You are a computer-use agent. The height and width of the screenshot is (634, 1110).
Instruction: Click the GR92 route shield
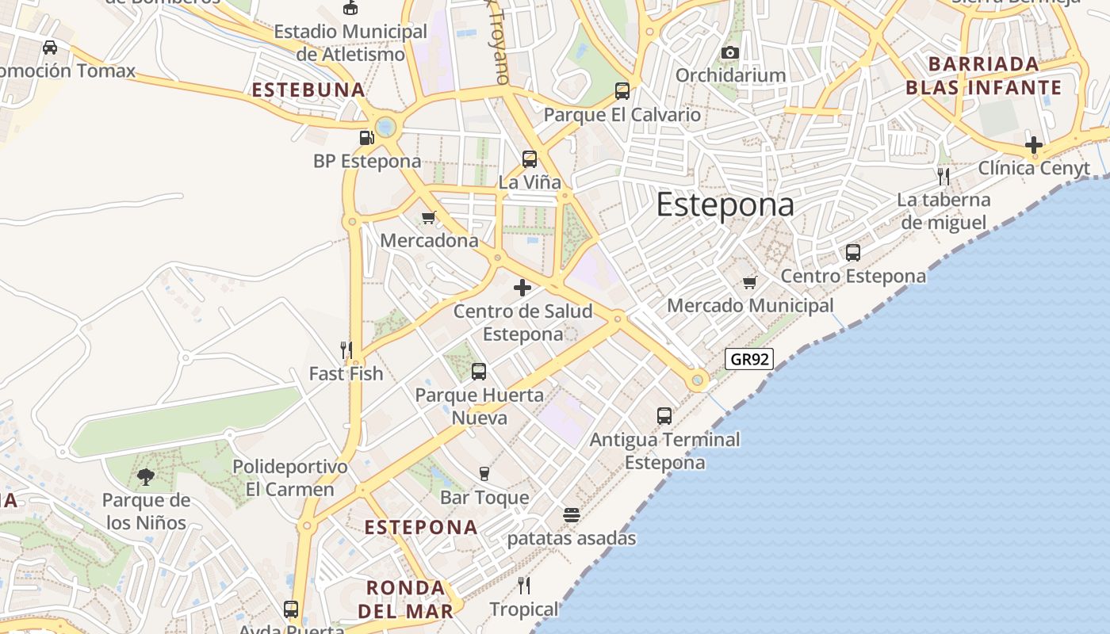click(748, 359)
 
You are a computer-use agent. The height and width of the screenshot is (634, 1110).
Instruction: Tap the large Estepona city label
click(725, 205)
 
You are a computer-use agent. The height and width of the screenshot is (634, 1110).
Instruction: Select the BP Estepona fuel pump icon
click(366, 138)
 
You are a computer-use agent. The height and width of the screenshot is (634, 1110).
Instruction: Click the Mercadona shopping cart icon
click(429, 217)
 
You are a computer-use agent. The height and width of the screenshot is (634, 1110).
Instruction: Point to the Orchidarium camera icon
click(730, 53)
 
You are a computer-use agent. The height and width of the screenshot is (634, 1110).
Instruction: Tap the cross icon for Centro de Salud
click(522, 288)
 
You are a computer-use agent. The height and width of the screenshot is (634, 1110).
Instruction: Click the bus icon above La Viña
click(530, 159)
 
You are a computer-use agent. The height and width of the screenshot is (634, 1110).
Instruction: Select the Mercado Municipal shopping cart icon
click(750, 282)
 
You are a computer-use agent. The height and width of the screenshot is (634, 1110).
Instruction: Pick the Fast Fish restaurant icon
click(346, 349)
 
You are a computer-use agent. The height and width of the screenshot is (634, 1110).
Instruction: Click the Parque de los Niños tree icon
click(146, 476)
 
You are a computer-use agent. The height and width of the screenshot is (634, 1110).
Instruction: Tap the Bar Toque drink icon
click(484, 474)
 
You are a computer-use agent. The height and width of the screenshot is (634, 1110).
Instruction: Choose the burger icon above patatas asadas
click(572, 515)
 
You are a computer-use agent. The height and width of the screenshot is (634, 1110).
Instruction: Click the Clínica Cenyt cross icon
click(1033, 145)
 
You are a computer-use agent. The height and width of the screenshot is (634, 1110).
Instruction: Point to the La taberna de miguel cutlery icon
click(943, 176)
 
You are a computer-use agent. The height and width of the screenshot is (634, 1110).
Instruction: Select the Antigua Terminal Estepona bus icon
click(664, 415)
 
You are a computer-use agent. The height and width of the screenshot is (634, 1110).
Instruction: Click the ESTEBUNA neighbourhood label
click(308, 90)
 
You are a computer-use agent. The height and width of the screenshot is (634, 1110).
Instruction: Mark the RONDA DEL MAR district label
click(405, 599)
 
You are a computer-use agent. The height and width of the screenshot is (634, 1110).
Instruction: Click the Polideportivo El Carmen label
click(290, 478)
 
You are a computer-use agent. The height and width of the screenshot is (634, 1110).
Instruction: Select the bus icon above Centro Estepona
click(853, 253)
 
